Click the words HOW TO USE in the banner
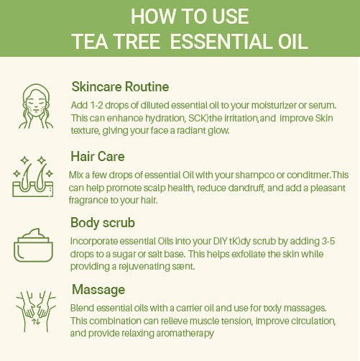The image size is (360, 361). [x=180, y=16]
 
